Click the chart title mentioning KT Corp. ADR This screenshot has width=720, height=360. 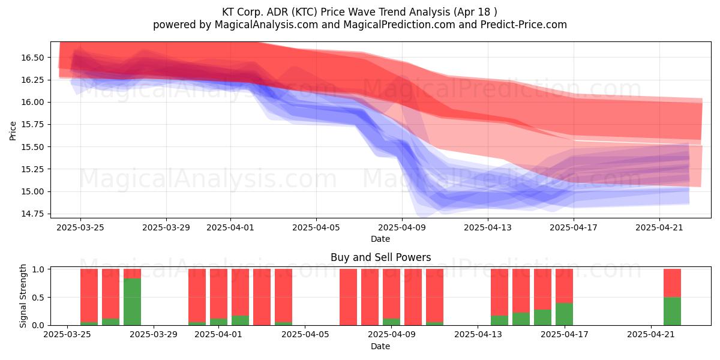coord(359,12)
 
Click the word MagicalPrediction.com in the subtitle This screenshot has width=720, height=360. coord(399,25)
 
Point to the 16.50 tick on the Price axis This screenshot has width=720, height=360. coord(32,58)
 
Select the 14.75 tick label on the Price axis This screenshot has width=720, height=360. coord(32,214)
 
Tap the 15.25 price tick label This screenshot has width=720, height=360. coord(32,169)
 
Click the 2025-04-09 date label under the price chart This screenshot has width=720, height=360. coord(402,227)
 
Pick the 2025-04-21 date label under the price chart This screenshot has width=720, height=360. coord(659,227)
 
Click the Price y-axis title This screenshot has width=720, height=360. coord(13,131)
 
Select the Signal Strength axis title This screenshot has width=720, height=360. coord(23,296)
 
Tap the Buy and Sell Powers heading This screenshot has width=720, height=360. coord(380,257)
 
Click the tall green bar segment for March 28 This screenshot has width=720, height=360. coord(132,302)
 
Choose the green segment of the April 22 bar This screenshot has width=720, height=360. coord(672,311)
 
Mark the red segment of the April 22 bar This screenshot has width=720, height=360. coord(672,283)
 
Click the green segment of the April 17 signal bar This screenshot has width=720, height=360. coord(564,314)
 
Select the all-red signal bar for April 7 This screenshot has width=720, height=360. coord(348,297)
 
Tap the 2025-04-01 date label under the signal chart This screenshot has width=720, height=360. coord(218,335)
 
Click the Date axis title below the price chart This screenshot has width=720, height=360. coord(380,239)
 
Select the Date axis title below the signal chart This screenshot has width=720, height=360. coord(380,346)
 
